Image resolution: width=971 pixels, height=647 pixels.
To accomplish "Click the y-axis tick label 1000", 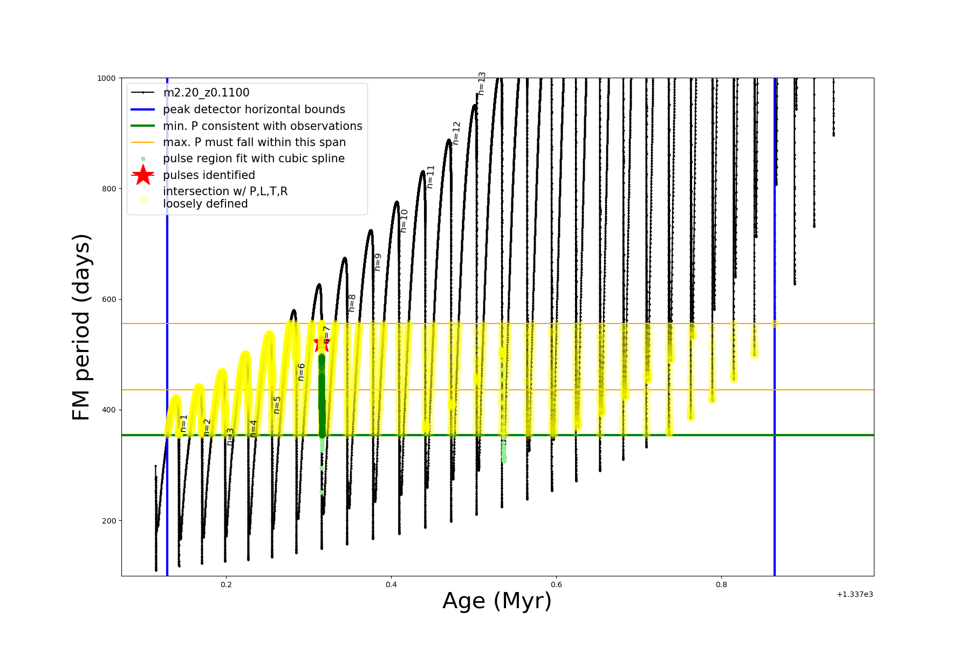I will coord(106,78).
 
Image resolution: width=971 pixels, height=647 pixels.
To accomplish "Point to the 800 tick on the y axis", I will coord(109,189).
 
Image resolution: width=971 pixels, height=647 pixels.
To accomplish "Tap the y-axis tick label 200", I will coord(109,521).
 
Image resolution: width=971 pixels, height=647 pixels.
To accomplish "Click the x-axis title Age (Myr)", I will coord(497,601).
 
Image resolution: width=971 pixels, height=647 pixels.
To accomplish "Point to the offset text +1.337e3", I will coord(854,594).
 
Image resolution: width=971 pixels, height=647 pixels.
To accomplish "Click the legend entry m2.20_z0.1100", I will coord(206,93).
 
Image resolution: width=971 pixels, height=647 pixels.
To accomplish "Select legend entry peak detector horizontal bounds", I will coord(254,109).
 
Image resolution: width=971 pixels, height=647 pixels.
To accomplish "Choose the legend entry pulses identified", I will coord(209,175).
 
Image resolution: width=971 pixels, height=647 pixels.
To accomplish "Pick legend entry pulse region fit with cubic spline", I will coord(254,159).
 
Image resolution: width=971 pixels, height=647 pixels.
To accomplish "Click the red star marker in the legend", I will coord(143,175).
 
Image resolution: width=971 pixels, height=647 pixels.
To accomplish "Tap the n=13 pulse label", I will coord(482,84).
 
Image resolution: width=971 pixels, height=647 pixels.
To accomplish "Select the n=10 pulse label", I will coord(404,221).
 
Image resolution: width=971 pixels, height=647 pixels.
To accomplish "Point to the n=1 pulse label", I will coord(184,423).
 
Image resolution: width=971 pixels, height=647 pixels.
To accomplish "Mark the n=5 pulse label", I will coord(277,405).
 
